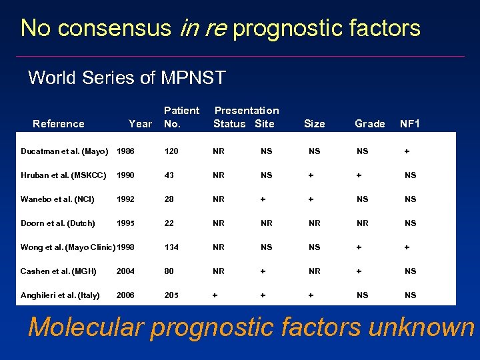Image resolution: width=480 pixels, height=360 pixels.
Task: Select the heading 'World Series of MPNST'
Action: click(x=127, y=78)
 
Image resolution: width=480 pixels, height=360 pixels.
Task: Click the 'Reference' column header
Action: click(x=59, y=123)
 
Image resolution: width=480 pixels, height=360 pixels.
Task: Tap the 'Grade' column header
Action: click(x=369, y=123)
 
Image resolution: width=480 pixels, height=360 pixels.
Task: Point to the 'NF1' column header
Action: click(x=409, y=123)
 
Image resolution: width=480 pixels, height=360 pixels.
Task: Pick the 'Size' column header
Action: click(x=314, y=123)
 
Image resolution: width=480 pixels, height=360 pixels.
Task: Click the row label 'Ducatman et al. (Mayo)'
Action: click(x=64, y=151)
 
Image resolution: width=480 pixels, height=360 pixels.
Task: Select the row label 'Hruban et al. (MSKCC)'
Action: click(x=63, y=175)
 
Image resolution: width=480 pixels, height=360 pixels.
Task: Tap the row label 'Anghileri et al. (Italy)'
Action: click(x=60, y=295)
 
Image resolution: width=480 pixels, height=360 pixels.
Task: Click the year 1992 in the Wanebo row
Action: click(x=125, y=199)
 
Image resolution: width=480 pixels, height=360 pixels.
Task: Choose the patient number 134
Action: click(x=172, y=247)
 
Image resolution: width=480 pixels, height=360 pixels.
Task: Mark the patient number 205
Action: click(x=172, y=295)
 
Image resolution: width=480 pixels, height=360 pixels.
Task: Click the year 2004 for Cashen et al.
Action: click(x=125, y=271)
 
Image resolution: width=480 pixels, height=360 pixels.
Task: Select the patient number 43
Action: click(x=169, y=175)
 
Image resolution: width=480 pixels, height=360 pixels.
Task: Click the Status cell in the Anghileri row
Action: click(x=215, y=295)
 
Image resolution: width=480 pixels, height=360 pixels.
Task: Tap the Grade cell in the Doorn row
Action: click(x=362, y=223)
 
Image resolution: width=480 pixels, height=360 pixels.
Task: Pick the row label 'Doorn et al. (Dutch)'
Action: click(x=58, y=223)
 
